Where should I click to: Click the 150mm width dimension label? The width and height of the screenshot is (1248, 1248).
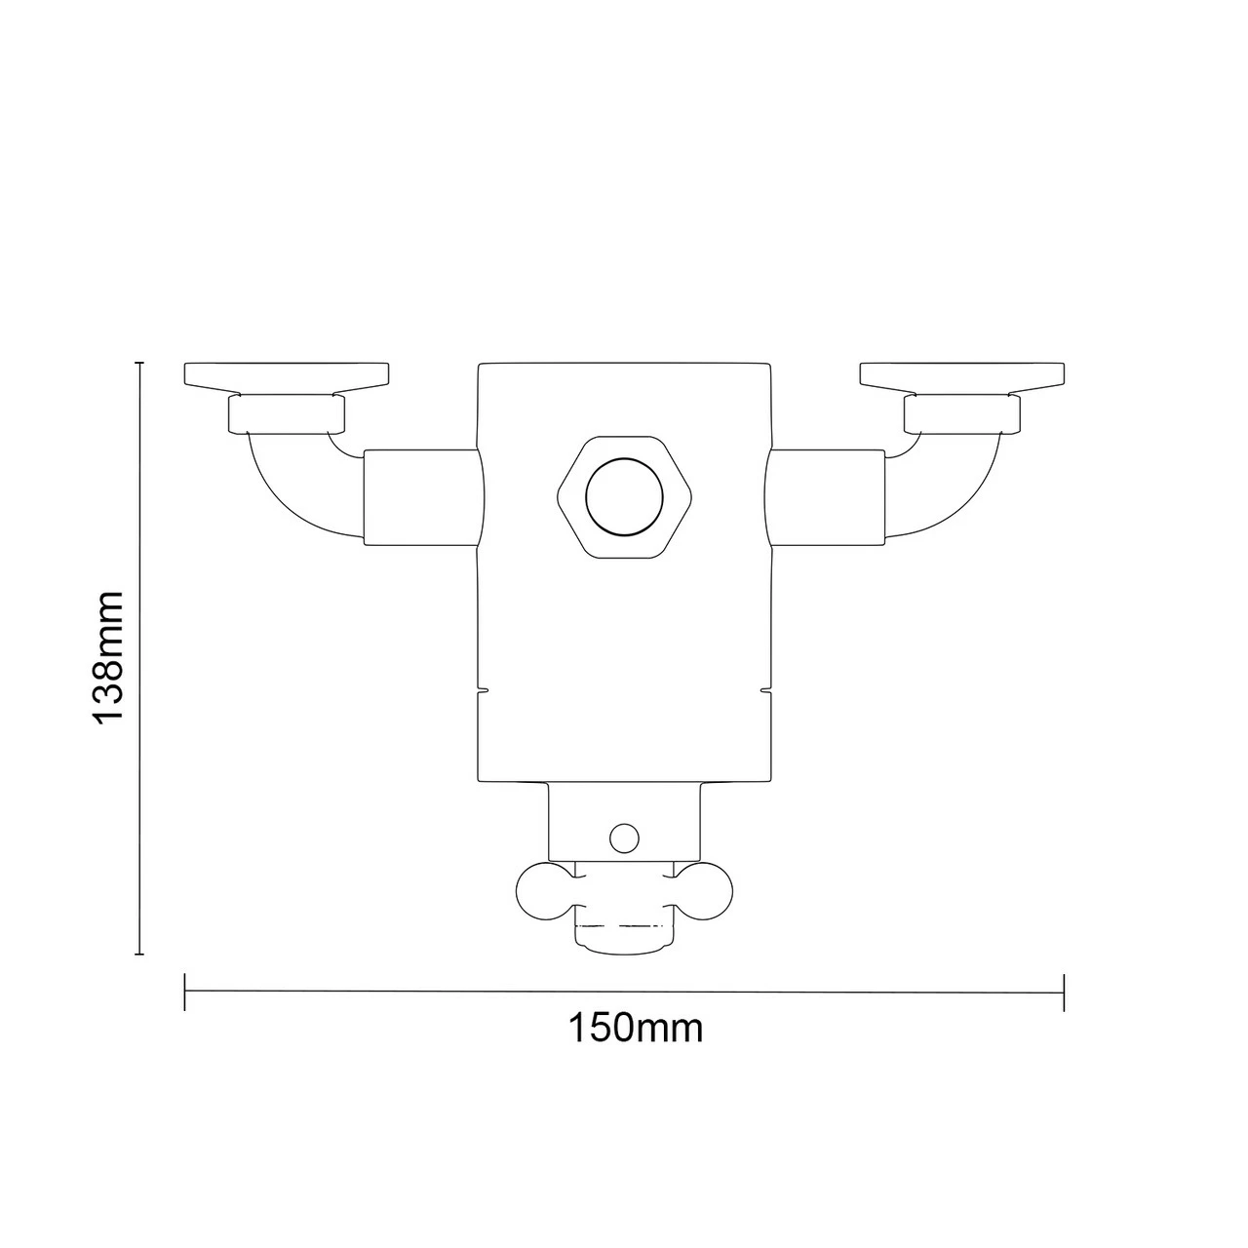tap(635, 1028)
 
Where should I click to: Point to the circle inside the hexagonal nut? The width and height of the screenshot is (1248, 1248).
tap(624, 497)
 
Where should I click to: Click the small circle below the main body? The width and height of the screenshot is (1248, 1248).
tap(623, 836)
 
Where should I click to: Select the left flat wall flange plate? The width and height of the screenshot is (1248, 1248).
tap(287, 375)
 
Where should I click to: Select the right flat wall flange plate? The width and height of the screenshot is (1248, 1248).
tap(962, 375)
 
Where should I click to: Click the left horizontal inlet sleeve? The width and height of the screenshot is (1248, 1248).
tap(421, 496)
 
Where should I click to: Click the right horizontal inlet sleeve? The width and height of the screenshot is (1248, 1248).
tap(827, 496)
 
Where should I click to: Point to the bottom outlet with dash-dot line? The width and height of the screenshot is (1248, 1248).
tap(624, 931)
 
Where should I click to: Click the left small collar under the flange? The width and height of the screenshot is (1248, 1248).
tap(287, 413)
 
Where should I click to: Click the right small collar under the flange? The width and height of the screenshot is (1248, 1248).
tap(962, 413)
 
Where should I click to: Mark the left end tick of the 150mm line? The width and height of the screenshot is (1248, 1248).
tap(184, 992)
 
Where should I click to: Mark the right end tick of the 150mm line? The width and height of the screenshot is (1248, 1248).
tap(1064, 992)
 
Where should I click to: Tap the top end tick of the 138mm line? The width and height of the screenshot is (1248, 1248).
tap(140, 363)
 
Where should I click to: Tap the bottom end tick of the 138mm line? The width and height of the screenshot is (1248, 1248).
tap(140, 955)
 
